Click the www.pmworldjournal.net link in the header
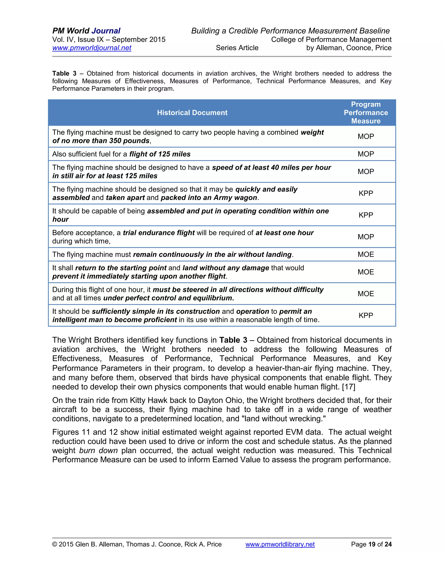click(x=91, y=48)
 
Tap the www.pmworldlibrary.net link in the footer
click(x=280, y=544)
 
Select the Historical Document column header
click(x=192, y=113)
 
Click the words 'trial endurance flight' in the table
click(x=159, y=233)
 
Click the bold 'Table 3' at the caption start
click(x=64, y=73)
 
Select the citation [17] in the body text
click(x=349, y=387)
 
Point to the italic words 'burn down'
click(x=98, y=451)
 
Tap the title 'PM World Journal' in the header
click(x=86, y=31)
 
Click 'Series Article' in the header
click(x=237, y=48)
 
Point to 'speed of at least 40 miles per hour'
click(x=271, y=168)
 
